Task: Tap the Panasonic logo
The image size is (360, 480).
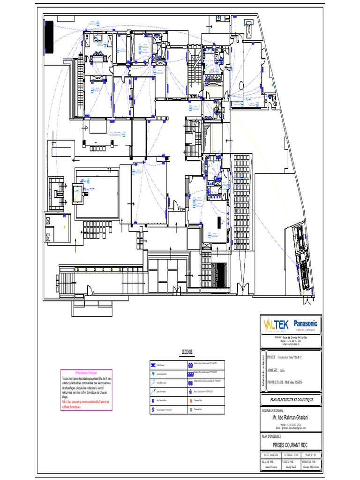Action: coord(305,323)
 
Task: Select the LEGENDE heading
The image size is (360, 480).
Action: coord(187,352)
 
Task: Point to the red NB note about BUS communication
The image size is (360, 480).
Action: coord(85,405)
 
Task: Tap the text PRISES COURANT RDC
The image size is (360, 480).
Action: coord(291,444)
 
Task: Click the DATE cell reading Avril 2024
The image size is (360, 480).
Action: coord(270,455)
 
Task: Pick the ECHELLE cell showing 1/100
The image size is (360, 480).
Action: coord(291,455)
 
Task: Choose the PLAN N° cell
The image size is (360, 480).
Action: coord(311,455)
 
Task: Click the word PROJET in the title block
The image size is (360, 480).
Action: coord(272,357)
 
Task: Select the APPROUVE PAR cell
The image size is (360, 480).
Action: coord(311,464)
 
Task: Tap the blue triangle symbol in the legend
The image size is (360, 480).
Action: coord(153,373)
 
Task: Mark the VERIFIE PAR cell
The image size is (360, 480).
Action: coord(291,464)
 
